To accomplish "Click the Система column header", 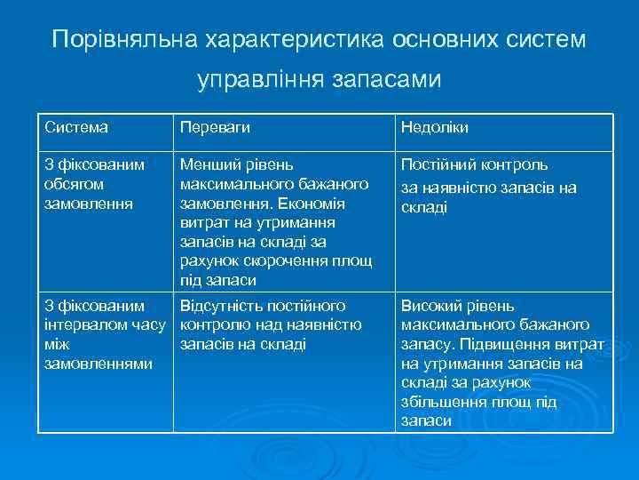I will [x=76, y=127].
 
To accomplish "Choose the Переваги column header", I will [x=214, y=127].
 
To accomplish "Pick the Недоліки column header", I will [x=435, y=127].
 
